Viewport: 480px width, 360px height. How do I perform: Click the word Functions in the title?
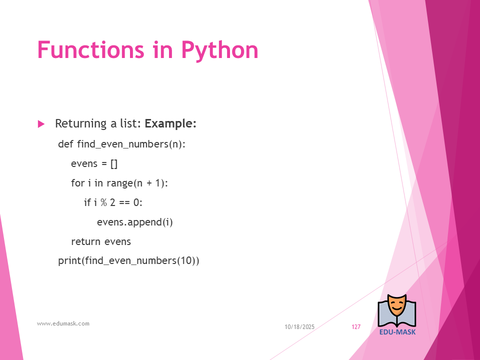click(x=90, y=49)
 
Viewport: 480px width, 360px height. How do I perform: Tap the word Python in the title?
click(x=220, y=51)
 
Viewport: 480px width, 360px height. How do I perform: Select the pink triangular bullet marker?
click(x=41, y=124)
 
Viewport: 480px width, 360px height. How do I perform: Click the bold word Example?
click(x=170, y=123)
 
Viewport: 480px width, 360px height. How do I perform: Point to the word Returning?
click(x=81, y=124)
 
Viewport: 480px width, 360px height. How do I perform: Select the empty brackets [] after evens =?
click(x=114, y=164)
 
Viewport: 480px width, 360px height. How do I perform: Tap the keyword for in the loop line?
click(x=78, y=183)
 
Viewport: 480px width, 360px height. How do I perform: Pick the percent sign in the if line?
click(x=104, y=202)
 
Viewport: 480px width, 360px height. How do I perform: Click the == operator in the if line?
click(x=124, y=202)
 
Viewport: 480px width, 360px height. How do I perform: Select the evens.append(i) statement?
click(x=134, y=222)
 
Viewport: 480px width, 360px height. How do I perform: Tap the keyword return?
click(x=85, y=242)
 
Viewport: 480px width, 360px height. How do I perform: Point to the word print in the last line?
click(x=70, y=261)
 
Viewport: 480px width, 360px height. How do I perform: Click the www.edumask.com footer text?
click(x=63, y=323)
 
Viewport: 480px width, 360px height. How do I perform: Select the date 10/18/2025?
click(x=299, y=327)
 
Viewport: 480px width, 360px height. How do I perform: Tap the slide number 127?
click(x=356, y=327)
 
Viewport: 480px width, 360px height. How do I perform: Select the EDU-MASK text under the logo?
click(x=397, y=332)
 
